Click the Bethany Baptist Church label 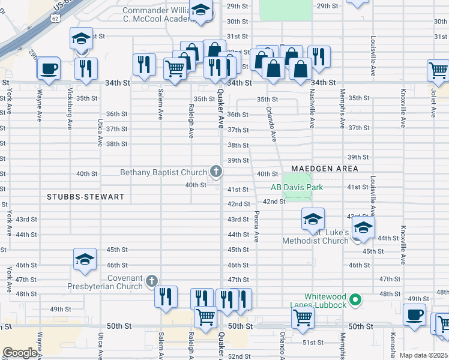tap(163, 173)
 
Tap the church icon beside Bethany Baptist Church tap(216, 173)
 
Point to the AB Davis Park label tap(297, 188)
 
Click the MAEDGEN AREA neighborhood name tap(325, 169)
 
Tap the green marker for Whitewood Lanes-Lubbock tap(355, 298)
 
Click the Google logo tap(20, 353)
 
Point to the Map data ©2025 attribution tap(423, 355)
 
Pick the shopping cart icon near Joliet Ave tap(439, 70)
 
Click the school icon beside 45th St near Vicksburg tap(85, 259)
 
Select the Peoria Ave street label tap(257, 226)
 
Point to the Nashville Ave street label tap(312, 109)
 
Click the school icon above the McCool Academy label tap(200, 10)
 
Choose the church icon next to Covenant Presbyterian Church tap(152, 281)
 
